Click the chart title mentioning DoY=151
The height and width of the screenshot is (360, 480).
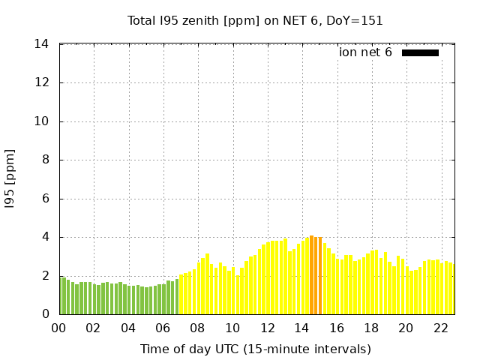coord(255,21)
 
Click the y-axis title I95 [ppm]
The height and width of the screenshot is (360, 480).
coord(10,179)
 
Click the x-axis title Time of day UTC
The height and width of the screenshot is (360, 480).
coord(255,349)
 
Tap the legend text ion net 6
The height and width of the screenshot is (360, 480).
coord(365,52)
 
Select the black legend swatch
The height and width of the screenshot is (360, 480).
coord(420,52)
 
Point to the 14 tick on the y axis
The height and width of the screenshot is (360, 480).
coord(42,44)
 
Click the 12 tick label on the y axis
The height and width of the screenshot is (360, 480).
coord(42,83)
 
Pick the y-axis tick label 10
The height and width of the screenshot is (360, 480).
coord(42,121)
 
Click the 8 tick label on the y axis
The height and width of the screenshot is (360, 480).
coord(45,160)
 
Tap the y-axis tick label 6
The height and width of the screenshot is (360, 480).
coord(45,199)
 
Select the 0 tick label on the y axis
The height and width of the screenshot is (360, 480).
coord(45,314)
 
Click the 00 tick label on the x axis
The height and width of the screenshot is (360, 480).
coord(59,328)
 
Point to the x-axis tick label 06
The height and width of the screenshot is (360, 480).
coord(163,328)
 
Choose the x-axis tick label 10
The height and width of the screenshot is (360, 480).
coord(232,328)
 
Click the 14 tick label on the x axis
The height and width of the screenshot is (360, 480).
coord(302,328)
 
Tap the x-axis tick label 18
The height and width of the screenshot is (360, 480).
coord(371,328)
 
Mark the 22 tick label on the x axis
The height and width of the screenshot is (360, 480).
coord(441,328)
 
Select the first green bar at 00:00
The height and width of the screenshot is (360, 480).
coord(63,295)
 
